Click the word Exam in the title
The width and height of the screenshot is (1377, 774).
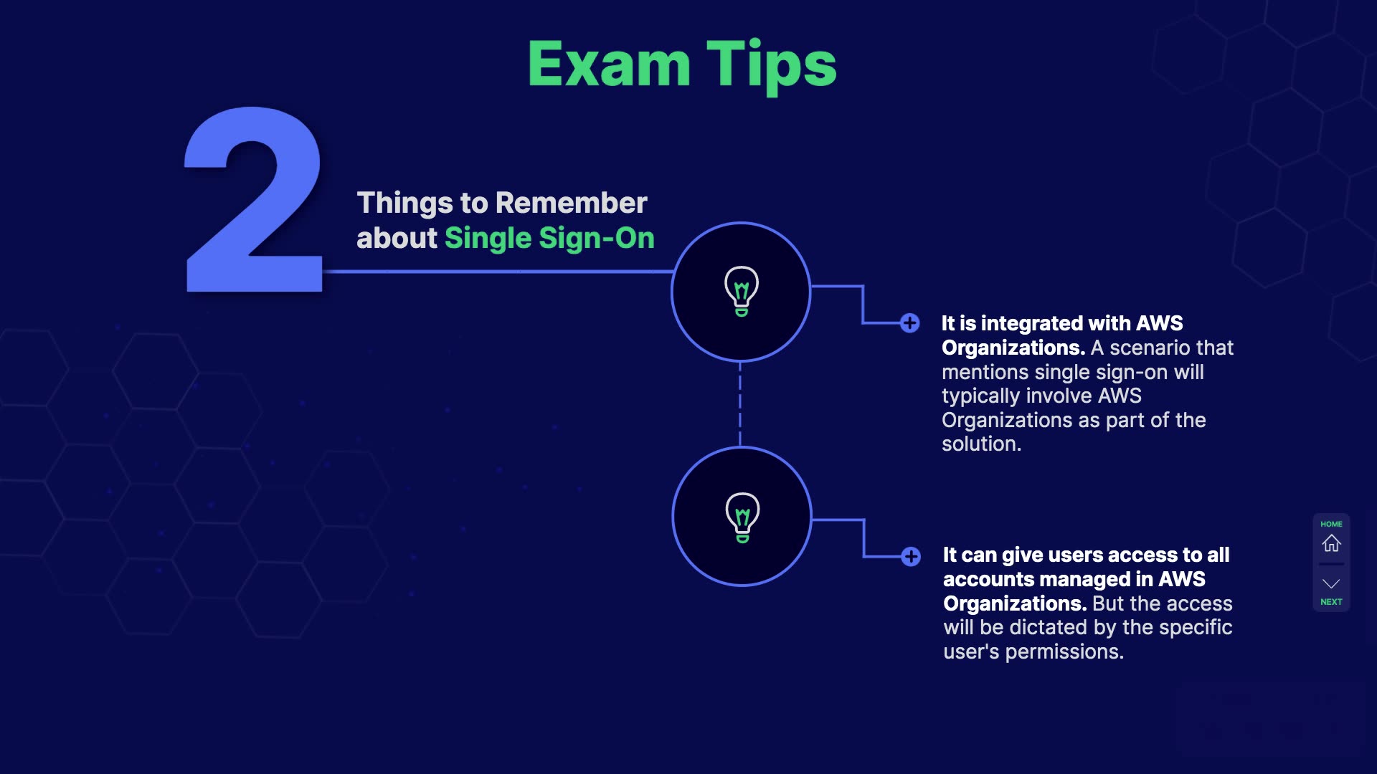(x=609, y=64)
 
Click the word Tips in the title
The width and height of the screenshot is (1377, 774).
(x=772, y=67)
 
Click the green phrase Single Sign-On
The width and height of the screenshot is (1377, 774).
(x=549, y=239)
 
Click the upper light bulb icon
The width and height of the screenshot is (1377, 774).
(x=742, y=291)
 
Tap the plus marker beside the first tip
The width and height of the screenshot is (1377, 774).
(x=910, y=323)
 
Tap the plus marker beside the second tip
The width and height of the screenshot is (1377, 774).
(x=911, y=556)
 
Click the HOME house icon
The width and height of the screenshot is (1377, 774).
(x=1332, y=543)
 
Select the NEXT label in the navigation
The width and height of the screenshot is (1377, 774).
(x=1331, y=602)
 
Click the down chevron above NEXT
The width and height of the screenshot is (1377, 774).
(x=1331, y=583)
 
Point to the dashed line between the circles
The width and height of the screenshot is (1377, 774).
(x=740, y=404)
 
